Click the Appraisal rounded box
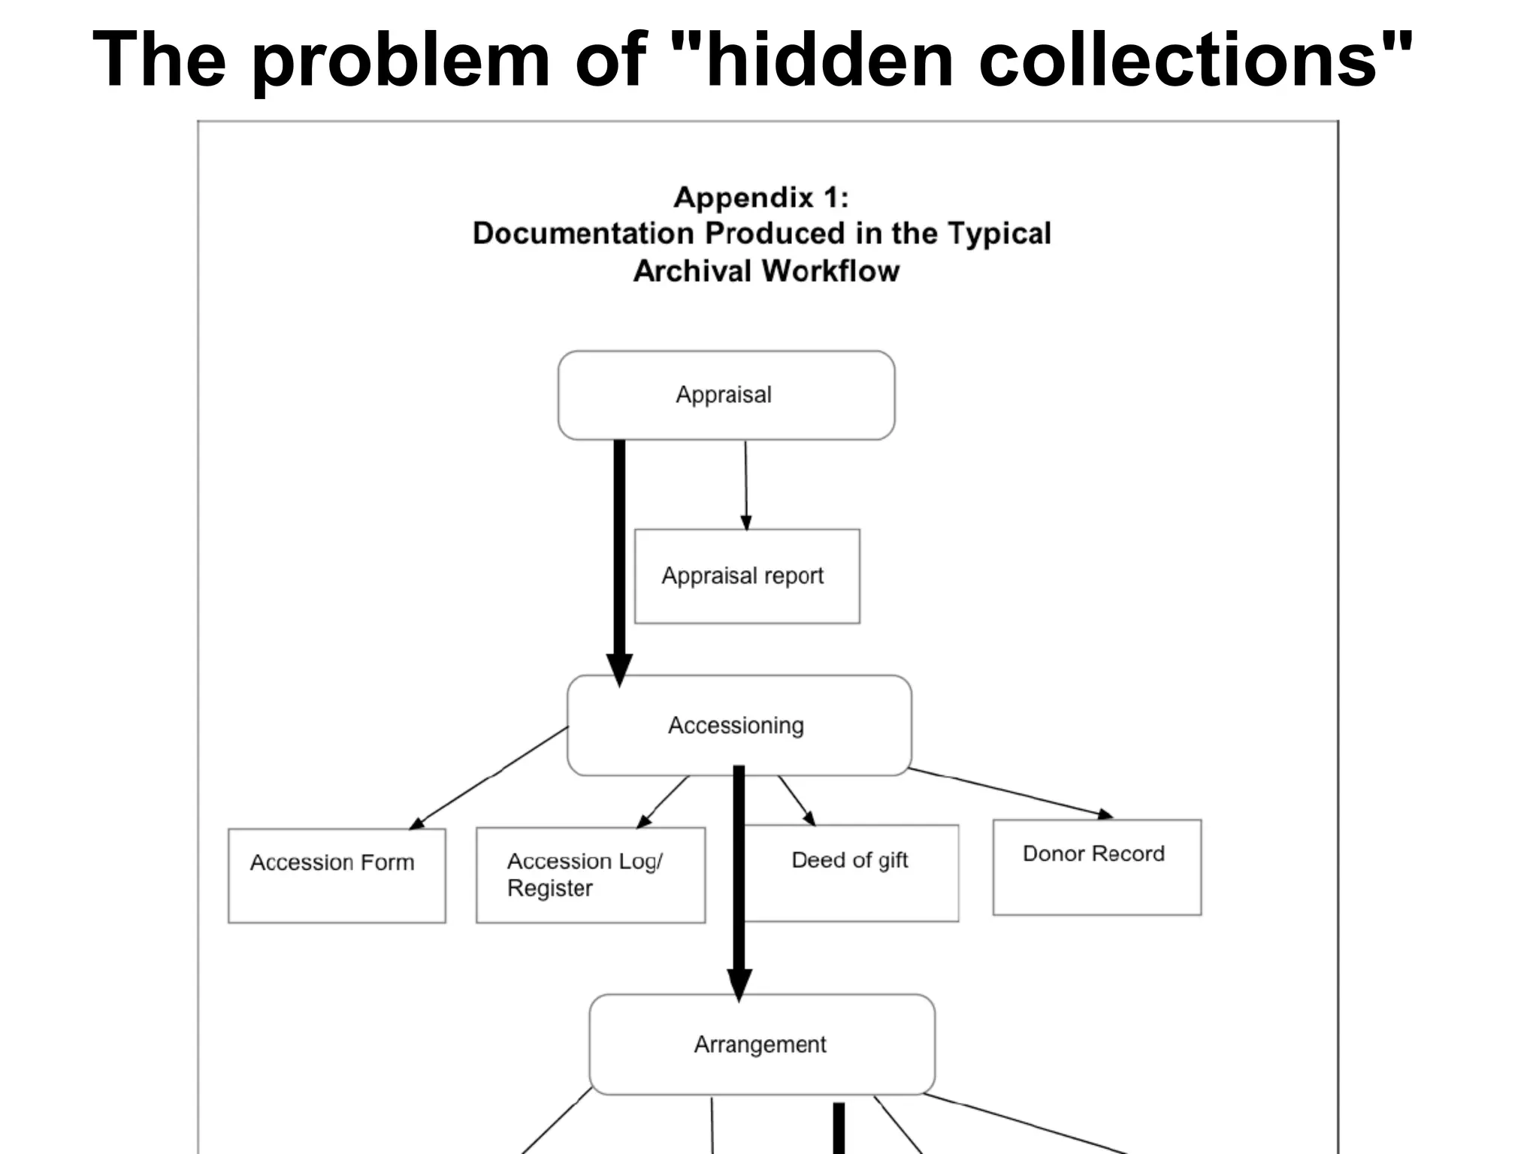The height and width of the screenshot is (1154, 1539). pos(726,395)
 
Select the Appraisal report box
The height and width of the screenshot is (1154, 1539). pos(746,576)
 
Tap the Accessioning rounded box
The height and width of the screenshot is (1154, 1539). pos(739,725)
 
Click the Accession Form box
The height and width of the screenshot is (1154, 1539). pos(337,875)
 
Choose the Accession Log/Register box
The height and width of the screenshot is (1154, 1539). pos(591,875)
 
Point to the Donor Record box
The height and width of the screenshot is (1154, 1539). pos(1096,867)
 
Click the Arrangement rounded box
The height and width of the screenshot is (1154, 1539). pos(761,1044)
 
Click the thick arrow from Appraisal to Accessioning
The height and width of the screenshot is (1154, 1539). pos(619,556)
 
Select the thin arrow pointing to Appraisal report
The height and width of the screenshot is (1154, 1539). pos(745,485)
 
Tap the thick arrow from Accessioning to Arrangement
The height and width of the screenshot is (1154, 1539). pos(739,879)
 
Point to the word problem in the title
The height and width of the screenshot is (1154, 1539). pos(401,60)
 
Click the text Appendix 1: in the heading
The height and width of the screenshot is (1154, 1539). pos(760,198)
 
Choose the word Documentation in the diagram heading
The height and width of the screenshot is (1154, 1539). pos(582,234)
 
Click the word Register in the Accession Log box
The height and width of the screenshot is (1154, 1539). pos(549,889)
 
